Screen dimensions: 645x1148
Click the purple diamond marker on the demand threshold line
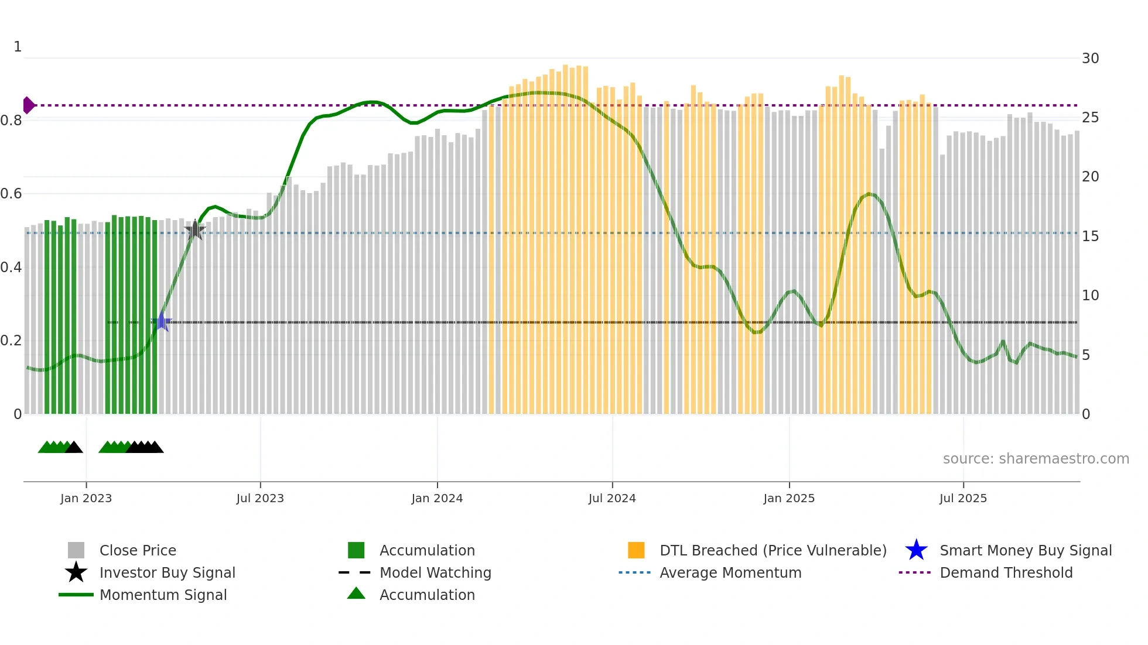coord(28,105)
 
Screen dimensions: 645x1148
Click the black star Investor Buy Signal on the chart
coord(195,230)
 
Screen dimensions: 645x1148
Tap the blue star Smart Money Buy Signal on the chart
coord(162,322)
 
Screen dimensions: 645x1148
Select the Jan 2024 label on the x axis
coord(437,498)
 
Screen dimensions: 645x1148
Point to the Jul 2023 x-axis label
coord(260,498)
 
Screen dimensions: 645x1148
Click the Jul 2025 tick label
coord(963,498)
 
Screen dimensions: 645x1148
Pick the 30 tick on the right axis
coord(1090,59)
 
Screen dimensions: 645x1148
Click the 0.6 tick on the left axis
coord(11,194)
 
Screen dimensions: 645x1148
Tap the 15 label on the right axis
coord(1090,236)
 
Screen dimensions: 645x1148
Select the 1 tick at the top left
coord(18,47)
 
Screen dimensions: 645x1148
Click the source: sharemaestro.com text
coord(1036,459)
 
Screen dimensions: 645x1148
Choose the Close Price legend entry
coord(138,550)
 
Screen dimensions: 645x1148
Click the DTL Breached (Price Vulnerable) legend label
coord(773,550)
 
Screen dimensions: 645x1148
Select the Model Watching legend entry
coord(435,572)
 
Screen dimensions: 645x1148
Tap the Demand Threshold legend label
coord(1006,572)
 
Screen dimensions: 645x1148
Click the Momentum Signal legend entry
coord(163,595)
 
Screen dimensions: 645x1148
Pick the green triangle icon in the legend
coord(356,593)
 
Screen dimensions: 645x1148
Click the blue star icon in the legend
coord(916,550)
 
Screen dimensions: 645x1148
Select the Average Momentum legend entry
coord(730,572)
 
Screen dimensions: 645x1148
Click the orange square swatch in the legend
coord(636,550)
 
